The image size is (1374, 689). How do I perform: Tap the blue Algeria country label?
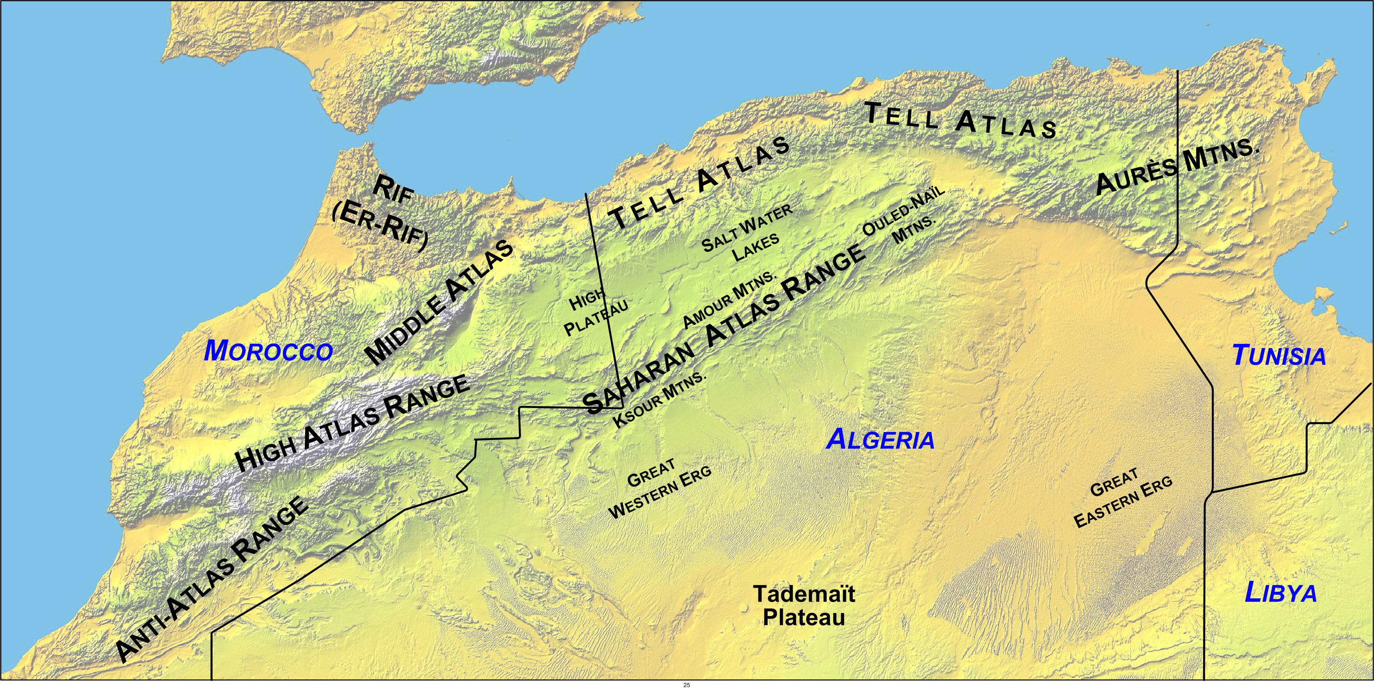[x=880, y=440]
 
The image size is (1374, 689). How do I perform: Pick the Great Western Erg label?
[x=660, y=488]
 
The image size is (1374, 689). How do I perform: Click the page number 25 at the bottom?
[x=686, y=685]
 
